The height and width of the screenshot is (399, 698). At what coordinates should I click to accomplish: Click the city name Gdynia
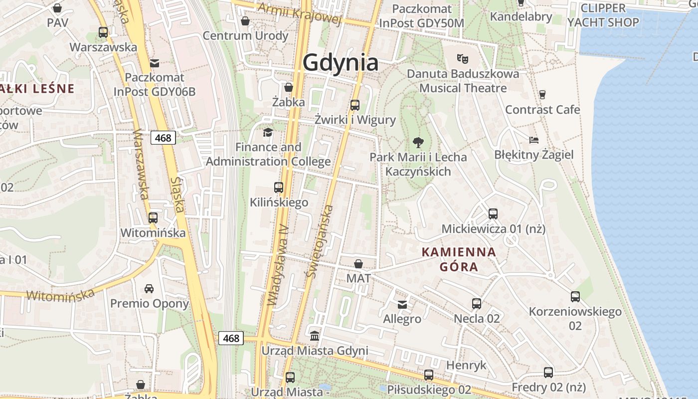coord(341,63)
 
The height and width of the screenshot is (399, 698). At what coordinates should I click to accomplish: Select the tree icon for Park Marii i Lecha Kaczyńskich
coord(418,143)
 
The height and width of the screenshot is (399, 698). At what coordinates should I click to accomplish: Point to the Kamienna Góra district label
coord(459,259)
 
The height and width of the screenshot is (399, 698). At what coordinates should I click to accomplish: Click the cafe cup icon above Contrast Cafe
coord(542,94)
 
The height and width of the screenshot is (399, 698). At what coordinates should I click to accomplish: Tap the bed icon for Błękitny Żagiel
coord(534,140)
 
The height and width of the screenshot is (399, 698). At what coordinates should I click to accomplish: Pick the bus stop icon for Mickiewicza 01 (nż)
coord(493,214)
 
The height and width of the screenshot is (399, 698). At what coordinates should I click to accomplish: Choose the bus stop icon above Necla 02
coord(477,303)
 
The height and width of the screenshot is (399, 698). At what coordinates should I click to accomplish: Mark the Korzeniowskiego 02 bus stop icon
coord(575,297)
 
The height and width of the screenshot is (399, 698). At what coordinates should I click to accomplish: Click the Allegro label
coord(402,319)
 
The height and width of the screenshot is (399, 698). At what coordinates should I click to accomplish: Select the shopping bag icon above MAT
coord(358,263)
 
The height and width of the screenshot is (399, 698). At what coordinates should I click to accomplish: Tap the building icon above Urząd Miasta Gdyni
coord(315,335)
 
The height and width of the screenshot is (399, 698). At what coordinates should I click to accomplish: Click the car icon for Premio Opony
coord(149,288)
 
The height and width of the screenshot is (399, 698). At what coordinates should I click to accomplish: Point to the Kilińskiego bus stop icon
coord(279,188)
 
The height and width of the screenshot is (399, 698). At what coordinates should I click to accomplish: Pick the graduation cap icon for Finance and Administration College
coord(268,132)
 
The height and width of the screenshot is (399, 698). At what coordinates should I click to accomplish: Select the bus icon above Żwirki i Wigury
coord(355,105)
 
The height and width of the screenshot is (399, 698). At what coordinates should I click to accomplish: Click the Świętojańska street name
coord(320,240)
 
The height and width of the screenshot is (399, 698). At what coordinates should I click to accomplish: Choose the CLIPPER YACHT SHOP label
coord(603,15)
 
